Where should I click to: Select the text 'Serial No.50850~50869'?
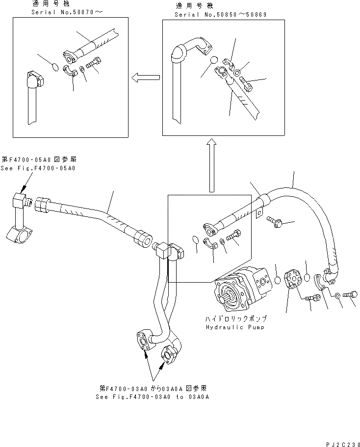221,15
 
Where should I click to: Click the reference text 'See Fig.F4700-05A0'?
39,168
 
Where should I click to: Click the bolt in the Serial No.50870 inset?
94,64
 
